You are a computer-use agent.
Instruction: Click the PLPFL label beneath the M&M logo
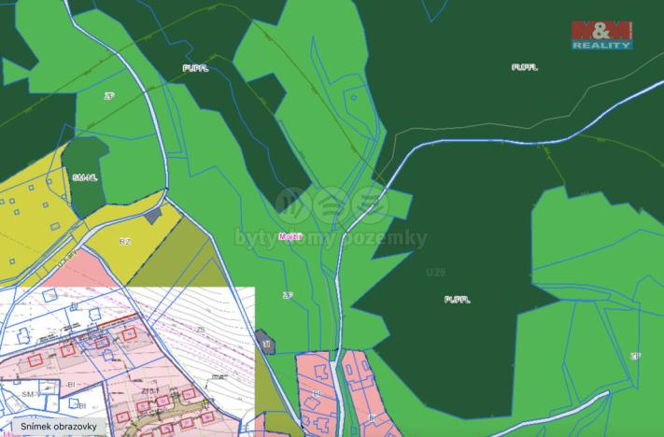point(526,68)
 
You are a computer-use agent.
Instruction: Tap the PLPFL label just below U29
point(456,299)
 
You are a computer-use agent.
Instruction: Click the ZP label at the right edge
point(635,356)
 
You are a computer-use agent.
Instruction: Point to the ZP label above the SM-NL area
point(108,94)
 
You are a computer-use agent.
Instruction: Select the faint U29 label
point(434,272)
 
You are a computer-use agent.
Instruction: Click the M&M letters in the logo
point(603,30)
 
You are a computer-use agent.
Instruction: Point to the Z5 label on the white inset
point(200,331)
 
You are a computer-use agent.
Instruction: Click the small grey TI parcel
point(266,343)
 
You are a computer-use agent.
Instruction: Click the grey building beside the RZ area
point(152,215)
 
